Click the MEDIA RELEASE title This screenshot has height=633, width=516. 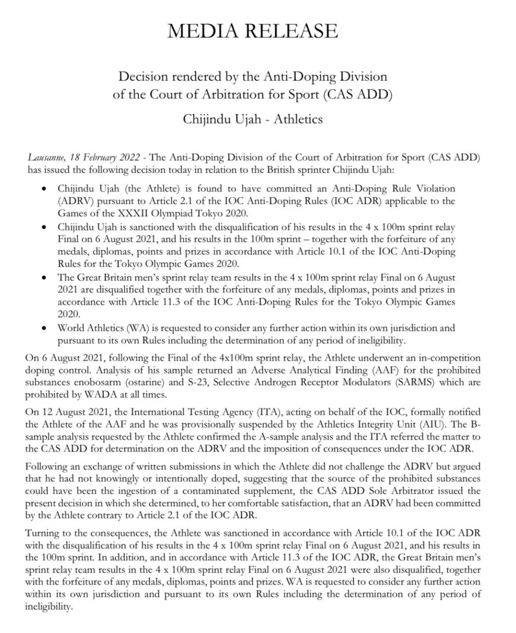[x=253, y=31]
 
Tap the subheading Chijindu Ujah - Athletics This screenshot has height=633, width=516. [x=253, y=119]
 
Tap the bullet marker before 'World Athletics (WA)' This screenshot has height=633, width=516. [x=45, y=328]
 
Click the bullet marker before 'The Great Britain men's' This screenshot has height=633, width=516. [x=45, y=277]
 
